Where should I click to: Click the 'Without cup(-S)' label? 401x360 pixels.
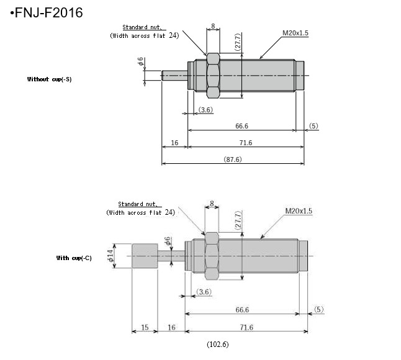49,79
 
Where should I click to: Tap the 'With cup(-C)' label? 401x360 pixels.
74,258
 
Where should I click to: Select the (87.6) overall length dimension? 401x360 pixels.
233,160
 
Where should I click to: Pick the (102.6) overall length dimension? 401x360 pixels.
217,343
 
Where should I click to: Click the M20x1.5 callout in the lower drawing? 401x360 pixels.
299,211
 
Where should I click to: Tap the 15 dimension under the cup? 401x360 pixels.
145,327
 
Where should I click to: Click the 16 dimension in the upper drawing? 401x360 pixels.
174,143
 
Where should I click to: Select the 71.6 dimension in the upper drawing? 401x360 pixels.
245,143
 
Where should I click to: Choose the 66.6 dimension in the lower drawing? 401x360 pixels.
242,310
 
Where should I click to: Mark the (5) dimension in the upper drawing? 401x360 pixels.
313,126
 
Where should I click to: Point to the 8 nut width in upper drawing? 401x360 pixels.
213,26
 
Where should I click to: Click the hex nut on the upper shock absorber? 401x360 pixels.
212,76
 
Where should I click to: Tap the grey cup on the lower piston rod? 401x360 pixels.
145,256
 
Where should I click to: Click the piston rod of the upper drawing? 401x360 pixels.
174,76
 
